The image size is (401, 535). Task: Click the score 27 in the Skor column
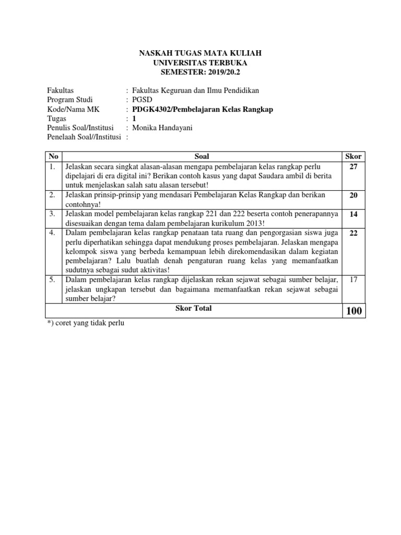click(353, 167)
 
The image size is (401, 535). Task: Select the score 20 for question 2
click(353, 195)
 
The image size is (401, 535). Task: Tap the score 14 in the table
click(353, 214)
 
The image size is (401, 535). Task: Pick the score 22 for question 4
click(353, 233)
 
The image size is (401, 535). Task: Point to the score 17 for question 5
click(353, 280)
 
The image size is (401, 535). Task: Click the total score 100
click(353, 311)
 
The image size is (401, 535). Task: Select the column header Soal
click(202, 156)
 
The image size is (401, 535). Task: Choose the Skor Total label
click(193, 308)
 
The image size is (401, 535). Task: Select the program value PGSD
click(142, 100)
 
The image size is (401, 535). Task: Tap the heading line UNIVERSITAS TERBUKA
click(200, 63)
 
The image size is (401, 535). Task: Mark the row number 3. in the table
click(52, 214)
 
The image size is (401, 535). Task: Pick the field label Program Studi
click(69, 100)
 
